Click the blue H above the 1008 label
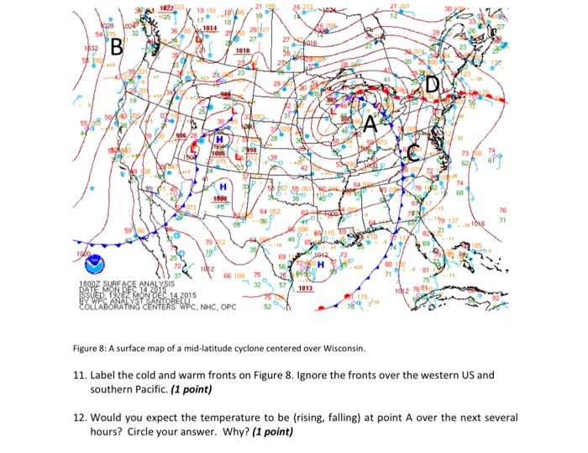223,185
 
